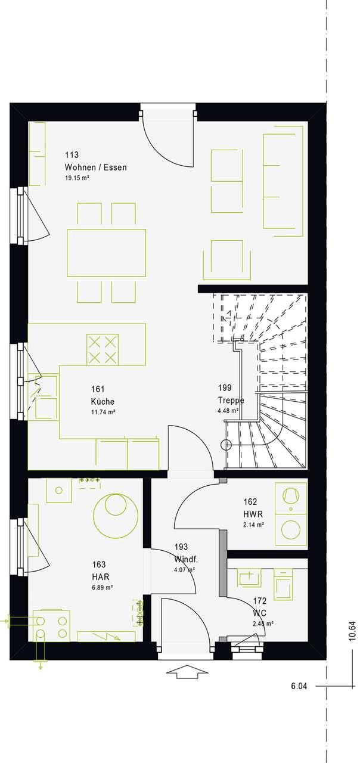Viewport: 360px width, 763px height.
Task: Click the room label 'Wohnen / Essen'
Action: [x=96, y=168]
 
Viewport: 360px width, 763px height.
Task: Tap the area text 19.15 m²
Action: [x=77, y=178]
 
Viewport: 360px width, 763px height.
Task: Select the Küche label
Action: [x=103, y=402]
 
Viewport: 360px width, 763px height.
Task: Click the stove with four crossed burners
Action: [x=103, y=349]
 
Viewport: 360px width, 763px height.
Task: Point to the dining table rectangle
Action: [x=107, y=252]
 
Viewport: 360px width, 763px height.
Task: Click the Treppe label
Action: [x=231, y=400]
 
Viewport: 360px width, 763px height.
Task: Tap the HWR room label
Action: [x=253, y=514]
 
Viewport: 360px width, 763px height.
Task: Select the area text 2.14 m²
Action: [x=254, y=525]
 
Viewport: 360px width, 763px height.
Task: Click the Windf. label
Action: [x=186, y=559]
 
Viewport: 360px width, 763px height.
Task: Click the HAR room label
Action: [x=101, y=576]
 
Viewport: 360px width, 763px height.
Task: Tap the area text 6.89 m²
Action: [x=103, y=588]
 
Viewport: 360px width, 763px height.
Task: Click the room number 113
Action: [x=72, y=155]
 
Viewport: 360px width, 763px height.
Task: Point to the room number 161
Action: [x=98, y=389]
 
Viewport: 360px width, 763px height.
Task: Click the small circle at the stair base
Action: [x=226, y=445]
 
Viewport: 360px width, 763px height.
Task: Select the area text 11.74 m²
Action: [x=103, y=412]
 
